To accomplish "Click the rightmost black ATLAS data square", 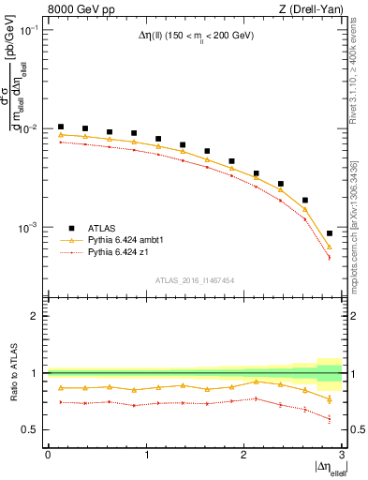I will pyautogui.click(x=329, y=233).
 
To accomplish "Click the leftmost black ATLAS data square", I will pyautogui.click(x=61, y=127).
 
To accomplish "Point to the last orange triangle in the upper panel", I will pyautogui.click(x=329, y=247).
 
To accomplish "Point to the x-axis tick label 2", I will pyautogui.click(x=243, y=455).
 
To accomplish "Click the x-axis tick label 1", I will pyautogui.click(x=146, y=455).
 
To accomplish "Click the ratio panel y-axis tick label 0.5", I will pyautogui.click(x=35, y=429).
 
